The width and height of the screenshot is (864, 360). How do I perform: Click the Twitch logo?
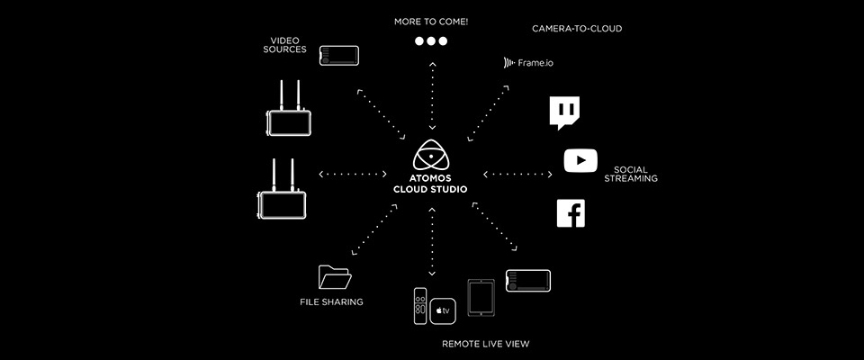[564, 113]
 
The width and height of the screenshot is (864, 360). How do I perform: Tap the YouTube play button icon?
[580, 160]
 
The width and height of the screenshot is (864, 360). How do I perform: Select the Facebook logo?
[571, 213]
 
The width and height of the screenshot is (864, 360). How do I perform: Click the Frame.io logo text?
[528, 63]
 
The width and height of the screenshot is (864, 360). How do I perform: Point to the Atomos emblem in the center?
[431, 156]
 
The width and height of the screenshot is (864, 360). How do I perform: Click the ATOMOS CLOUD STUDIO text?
[430, 184]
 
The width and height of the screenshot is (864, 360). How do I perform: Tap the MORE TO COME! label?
[431, 22]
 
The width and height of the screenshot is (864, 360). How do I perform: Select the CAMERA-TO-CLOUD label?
[577, 29]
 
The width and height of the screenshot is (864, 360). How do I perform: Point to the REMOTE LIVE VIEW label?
[485, 344]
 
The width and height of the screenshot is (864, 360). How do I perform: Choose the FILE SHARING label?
[332, 302]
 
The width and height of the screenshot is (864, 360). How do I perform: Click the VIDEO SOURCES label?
[285, 45]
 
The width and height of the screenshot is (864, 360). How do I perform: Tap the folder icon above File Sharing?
[335, 277]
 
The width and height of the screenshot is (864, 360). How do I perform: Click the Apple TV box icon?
[443, 310]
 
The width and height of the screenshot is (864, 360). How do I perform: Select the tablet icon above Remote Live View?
[481, 298]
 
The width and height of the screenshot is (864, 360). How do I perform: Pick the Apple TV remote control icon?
[420, 306]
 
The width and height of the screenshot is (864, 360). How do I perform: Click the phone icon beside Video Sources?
[339, 56]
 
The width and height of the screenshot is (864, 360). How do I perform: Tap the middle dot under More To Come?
[431, 40]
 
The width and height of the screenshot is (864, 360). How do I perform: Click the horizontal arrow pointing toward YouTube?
[517, 175]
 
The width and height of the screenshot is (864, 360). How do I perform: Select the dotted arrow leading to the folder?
[374, 229]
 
